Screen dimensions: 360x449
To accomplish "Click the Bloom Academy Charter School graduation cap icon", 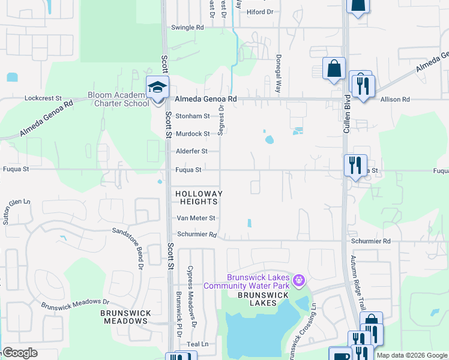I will pos(157,88).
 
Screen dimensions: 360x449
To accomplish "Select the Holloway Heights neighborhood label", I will pos(199,197).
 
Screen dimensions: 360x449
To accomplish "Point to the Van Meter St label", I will pos(194,218).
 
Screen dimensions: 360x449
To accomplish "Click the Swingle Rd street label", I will pos(187,28).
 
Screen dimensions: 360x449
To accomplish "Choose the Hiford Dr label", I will pos(259,11).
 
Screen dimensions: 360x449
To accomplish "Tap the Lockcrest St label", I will pos(43,98).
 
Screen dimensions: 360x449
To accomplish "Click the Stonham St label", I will pos(192,116).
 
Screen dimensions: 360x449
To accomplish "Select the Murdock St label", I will pos(192,134).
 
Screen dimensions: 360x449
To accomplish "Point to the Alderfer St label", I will pos(191,151).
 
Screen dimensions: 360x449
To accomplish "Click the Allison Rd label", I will pos(397,99).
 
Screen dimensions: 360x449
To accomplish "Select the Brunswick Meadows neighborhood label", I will pos(124,317).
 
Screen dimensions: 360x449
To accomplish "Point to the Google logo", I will pos(20,353).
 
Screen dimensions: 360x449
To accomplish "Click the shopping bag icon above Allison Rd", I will pos(333,69).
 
